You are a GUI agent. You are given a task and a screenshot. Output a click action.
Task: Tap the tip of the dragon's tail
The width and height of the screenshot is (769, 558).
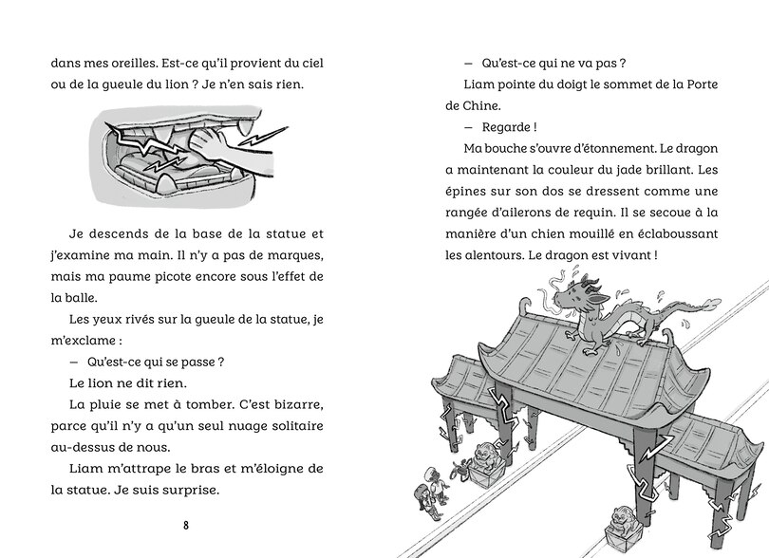(701, 304)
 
